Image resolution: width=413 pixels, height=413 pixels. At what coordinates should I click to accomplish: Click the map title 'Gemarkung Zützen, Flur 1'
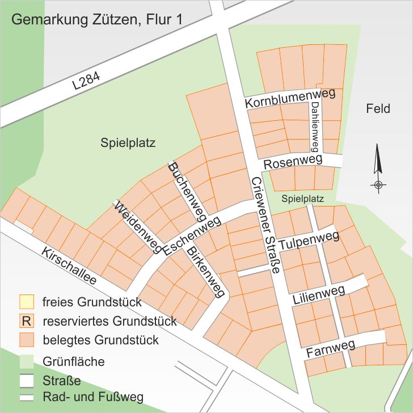coord(96,20)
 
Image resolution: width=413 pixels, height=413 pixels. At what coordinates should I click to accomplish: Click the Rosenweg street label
coord(293,162)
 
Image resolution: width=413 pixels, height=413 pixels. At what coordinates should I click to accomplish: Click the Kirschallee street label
coord(69,265)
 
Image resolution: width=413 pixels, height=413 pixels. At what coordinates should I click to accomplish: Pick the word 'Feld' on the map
coord(378,108)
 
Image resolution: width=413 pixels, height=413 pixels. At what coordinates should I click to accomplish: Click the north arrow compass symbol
coord(377,168)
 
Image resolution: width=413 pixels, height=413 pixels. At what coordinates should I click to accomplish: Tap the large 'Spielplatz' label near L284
coord(128,142)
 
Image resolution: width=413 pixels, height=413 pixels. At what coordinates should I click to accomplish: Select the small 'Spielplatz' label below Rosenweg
coord(302,199)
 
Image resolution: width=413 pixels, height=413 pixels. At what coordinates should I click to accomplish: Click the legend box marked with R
coord(26,321)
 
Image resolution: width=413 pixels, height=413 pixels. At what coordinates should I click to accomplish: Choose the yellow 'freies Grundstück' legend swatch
coord(26,301)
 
